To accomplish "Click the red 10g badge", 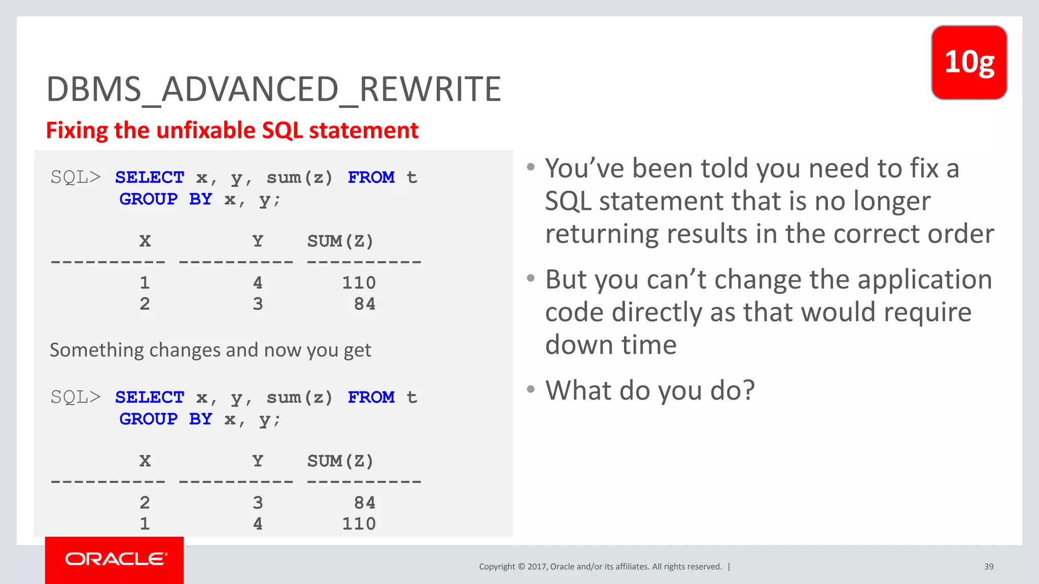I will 969,62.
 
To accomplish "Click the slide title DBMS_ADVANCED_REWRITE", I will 273,89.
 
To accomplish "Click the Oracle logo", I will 115,559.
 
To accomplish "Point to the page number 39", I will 988,567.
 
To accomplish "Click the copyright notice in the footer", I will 600,567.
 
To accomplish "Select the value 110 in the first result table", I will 359,283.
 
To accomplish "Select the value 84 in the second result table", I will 364,503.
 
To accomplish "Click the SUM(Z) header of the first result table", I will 340,241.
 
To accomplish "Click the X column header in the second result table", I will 145,461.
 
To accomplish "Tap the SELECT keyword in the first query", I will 150,177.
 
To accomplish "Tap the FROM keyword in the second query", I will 371,397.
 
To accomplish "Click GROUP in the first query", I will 149,199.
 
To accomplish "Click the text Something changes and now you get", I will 211,350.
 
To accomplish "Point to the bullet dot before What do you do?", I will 531,389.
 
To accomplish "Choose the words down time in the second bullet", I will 610,345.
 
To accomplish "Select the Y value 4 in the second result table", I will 258,524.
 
